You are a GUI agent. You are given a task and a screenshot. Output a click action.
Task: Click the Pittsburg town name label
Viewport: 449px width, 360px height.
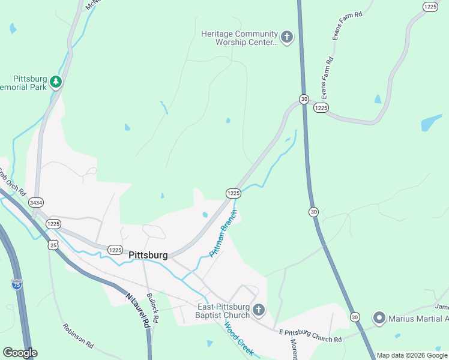click(148, 255)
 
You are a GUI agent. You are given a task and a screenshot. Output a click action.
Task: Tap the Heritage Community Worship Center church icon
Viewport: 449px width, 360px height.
click(287, 38)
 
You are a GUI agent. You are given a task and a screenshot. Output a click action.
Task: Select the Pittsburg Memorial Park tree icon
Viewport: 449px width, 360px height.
click(56, 81)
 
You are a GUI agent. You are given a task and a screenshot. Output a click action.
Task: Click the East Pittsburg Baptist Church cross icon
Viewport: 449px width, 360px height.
click(259, 310)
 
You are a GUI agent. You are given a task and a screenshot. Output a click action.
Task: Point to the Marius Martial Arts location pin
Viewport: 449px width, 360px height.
click(379, 318)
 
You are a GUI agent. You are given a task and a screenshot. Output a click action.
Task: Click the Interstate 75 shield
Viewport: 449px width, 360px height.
click(16, 284)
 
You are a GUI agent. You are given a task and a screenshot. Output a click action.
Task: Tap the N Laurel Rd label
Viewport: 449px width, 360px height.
click(137, 309)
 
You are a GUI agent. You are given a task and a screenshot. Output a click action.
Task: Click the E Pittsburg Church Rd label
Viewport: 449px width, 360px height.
click(310, 335)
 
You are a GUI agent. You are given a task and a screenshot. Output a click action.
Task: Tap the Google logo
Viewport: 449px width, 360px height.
click(19, 353)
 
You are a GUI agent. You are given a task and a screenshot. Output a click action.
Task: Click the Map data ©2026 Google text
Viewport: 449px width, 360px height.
click(412, 355)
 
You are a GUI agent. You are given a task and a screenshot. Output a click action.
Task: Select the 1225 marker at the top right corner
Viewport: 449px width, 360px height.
click(430, 6)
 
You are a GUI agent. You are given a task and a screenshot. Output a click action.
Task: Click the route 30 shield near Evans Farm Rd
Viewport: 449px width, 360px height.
click(304, 98)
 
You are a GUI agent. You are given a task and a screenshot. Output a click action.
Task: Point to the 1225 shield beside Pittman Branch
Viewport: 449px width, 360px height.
click(233, 193)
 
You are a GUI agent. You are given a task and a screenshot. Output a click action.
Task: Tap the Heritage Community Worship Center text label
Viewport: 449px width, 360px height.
click(240, 38)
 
